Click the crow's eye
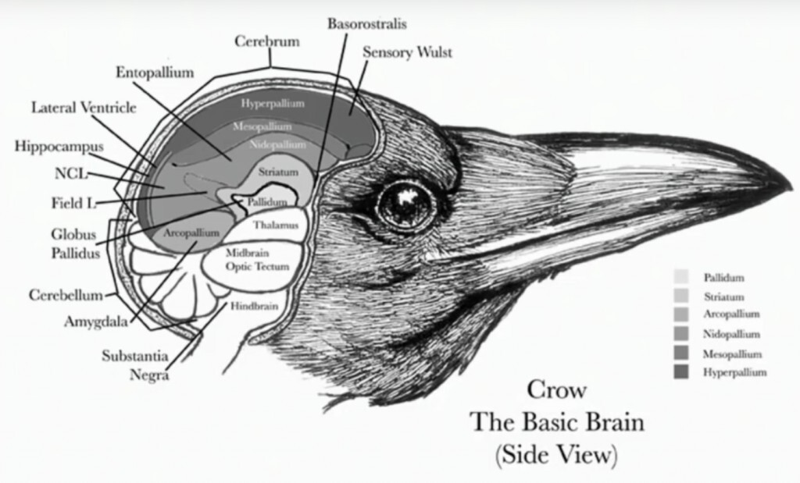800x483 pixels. (x=405, y=204)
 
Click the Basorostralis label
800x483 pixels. (x=366, y=23)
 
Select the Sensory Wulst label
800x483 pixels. (x=407, y=53)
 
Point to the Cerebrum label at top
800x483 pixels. (x=267, y=41)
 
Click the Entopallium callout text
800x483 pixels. (x=155, y=73)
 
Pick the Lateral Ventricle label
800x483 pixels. (x=84, y=108)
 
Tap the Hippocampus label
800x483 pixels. (x=59, y=146)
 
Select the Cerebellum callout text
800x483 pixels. (x=66, y=295)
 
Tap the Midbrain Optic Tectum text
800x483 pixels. (x=258, y=260)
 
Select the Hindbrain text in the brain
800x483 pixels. (x=253, y=307)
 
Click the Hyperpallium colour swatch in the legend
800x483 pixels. (x=681, y=372)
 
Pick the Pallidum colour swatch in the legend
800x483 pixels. (x=681, y=277)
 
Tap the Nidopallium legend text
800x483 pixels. (x=732, y=334)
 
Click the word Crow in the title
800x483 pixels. (x=556, y=389)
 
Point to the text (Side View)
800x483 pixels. (x=555, y=455)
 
